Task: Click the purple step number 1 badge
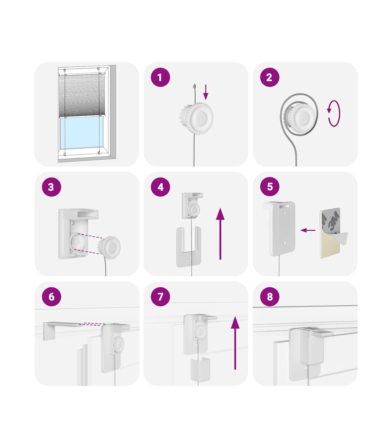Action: (160, 77)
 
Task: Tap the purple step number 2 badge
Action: (269, 77)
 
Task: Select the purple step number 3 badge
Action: (52, 187)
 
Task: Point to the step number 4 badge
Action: (160, 187)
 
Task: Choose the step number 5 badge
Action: (269, 186)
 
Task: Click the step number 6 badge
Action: (52, 296)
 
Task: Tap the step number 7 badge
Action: (160, 296)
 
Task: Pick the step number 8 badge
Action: (269, 296)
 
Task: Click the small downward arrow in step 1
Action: (205, 92)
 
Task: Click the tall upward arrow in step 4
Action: (220, 234)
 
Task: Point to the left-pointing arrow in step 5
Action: (308, 230)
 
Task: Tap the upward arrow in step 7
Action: (235, 343)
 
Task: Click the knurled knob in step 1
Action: (196, 119)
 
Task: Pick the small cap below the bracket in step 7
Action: (200, 369)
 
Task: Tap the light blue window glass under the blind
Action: (81, 133)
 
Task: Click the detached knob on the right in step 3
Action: (109, 248)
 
